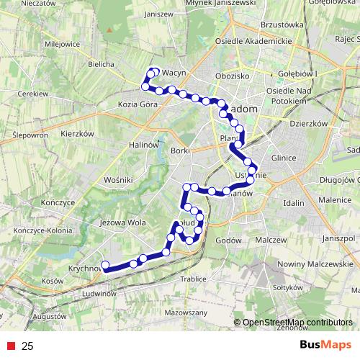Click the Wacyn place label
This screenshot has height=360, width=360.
click(175, 73)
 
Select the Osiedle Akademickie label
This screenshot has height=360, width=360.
click(253, 40)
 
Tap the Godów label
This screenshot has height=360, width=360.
click(227, 240)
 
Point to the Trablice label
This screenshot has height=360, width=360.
click(193, 278)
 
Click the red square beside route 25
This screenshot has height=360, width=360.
click(10, 346)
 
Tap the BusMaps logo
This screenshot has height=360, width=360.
click(325, 346)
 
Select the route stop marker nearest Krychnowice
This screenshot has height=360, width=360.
click(106, 265)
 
